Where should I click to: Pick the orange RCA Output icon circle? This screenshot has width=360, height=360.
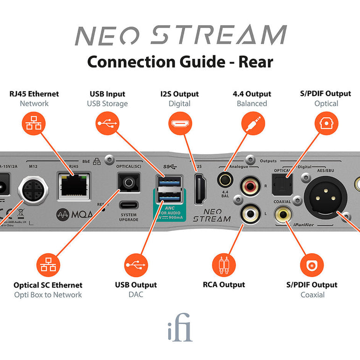pyautogui.click(x=224, y=265)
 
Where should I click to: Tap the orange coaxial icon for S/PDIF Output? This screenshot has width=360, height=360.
pyautogui.click(x=312, y=265)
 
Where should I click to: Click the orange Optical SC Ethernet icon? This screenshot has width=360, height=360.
pyautogui.click(x=48, y=265)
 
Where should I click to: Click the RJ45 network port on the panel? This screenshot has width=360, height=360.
pyautogui.click(x=74, y=186)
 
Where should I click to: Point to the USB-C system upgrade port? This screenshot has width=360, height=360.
pyautogui.click(x=129, y=205)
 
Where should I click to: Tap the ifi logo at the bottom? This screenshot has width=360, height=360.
pyautogui.click(x=180, y=330)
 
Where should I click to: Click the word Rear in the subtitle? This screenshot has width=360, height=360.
pyautogui.click(x=255, y=62)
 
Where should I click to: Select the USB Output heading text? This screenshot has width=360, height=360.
pyautogui.click(x=136, y=285)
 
